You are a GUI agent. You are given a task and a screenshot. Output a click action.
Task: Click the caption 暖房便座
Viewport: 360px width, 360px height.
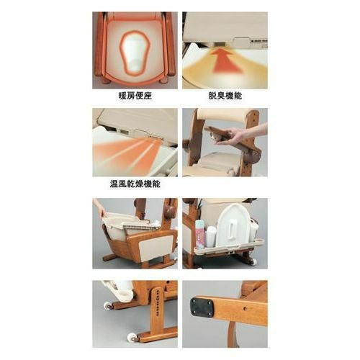point(135,96)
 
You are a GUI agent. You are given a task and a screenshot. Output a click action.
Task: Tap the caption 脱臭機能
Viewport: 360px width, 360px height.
point(225,96)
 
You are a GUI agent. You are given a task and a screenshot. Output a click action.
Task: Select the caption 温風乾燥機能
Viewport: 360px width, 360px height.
point(135,184)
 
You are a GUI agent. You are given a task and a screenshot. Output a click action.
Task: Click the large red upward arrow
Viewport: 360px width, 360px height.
point(225,62)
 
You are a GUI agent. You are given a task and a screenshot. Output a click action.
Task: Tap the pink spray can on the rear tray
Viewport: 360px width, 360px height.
point(199,234)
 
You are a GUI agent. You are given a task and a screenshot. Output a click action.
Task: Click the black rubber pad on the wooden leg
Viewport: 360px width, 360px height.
point(202,307)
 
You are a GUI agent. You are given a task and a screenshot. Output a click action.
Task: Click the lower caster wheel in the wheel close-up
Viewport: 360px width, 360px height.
point(132,336)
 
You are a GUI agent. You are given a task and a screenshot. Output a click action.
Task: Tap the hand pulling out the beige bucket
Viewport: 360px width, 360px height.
point(99,207)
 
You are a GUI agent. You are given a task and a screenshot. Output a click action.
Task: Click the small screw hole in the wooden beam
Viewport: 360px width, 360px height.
point(244,307)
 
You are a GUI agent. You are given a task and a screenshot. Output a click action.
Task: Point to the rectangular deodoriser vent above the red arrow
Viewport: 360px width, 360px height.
point(220,45)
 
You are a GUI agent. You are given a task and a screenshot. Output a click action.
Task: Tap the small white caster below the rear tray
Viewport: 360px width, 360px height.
point(253,261)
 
